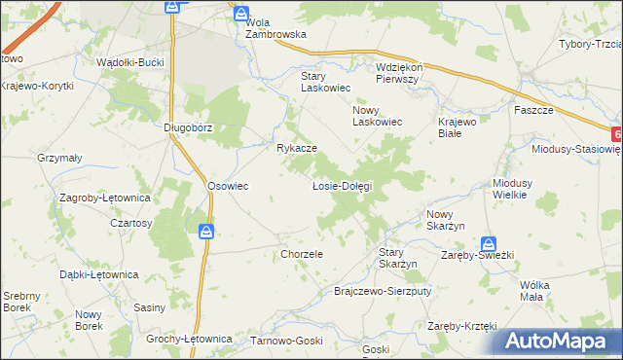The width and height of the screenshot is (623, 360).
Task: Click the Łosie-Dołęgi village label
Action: coord(342,185)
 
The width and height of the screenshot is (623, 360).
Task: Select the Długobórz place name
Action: coord(188,127)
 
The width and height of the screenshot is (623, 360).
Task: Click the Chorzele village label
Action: coord(301,254)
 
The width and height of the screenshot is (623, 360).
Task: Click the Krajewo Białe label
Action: coord(457,128)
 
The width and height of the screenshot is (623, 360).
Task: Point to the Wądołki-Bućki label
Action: coord(130,61)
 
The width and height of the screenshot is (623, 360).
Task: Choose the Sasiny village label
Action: coord(149,307)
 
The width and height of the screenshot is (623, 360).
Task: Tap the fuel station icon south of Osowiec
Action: coord(206,232)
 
